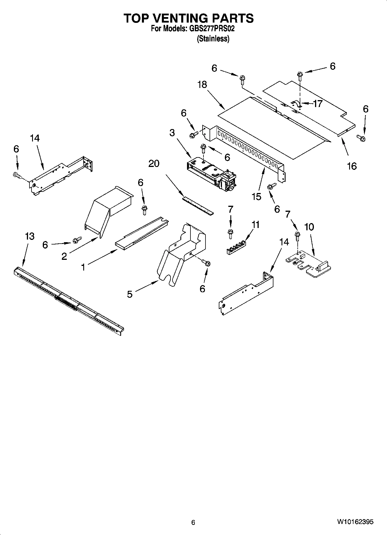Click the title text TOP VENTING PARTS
tap(189, 18)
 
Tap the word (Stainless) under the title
tap(213, 39)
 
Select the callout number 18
tap(202, 84)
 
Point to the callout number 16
tap(352, 166)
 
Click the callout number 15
tap(256, 196)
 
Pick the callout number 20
tap(154, 163)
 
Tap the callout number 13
tap(29, 236)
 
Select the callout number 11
tap(255, 225)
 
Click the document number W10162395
tap(355, 522)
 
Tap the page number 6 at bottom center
tap(193, 522)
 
